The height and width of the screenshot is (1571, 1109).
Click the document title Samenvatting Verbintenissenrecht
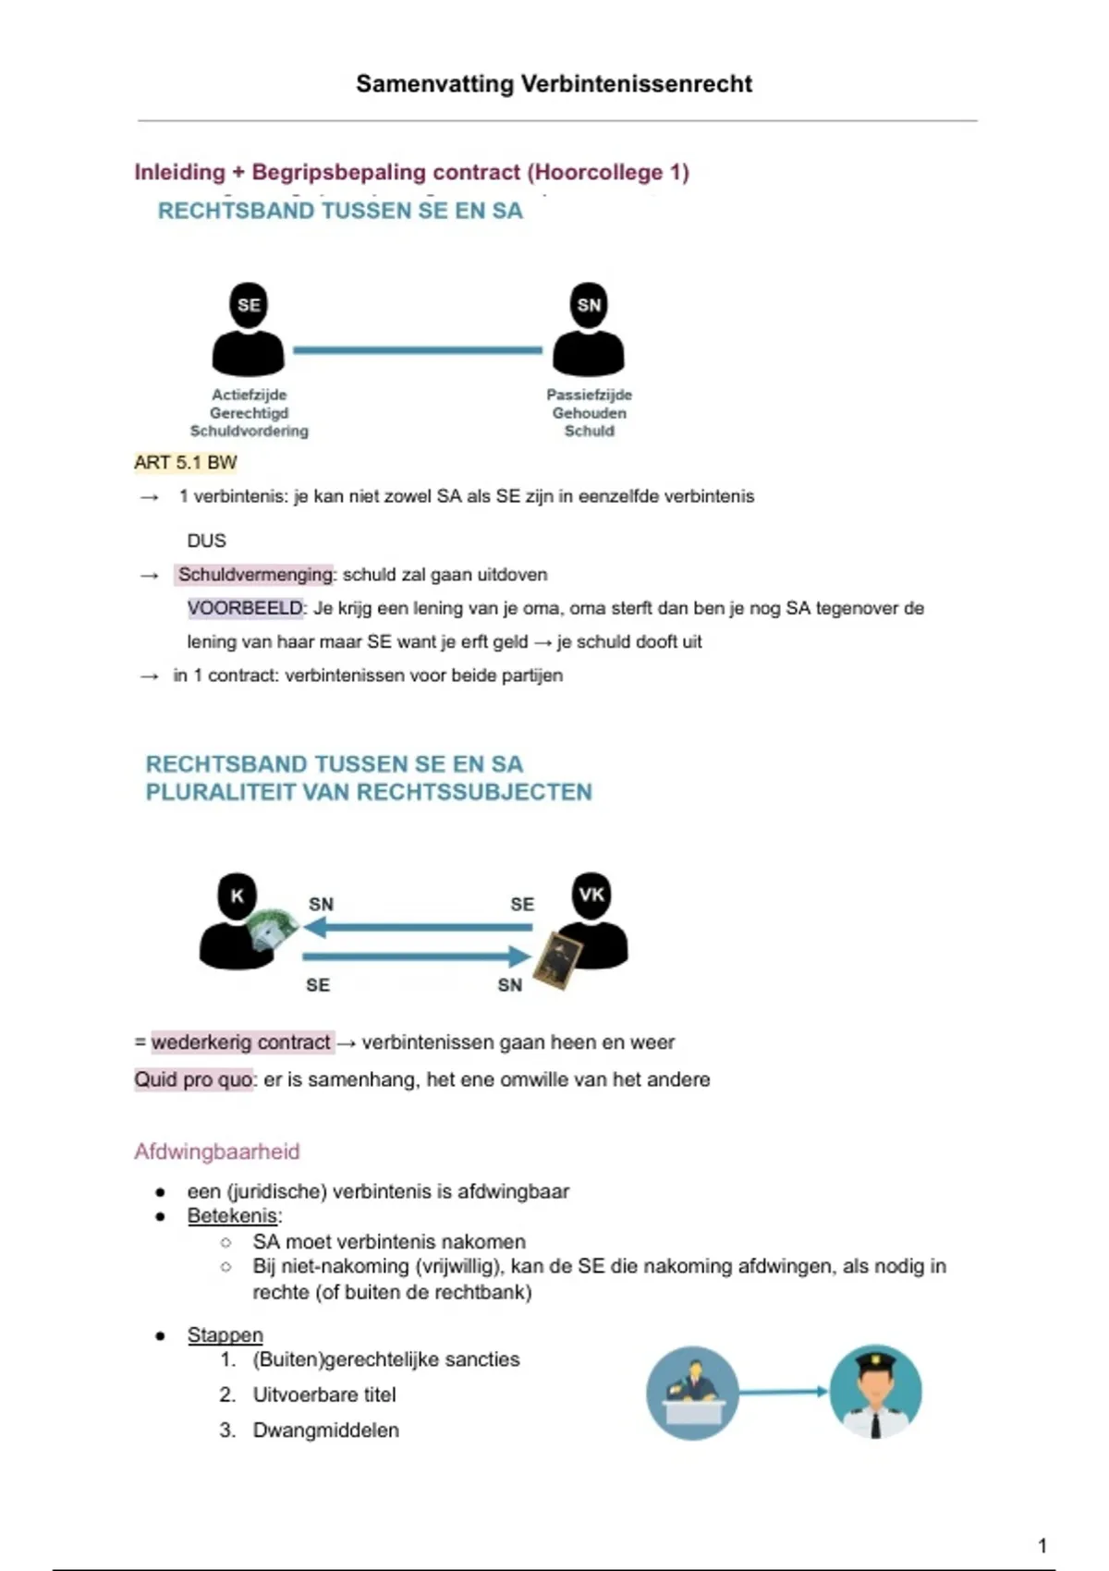point(554,84)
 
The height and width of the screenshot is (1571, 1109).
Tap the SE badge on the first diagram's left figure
point(249,305)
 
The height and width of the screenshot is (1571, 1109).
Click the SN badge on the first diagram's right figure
point(589,305)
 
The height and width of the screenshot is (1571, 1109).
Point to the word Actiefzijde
point(249,395)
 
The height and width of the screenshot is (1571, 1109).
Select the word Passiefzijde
point(589,395)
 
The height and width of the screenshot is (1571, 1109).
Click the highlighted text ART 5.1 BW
point(186,462)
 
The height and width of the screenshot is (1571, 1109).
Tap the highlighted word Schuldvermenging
point(255,575)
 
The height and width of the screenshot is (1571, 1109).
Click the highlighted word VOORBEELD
point(245,608)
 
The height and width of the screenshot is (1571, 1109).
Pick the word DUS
point(206,541)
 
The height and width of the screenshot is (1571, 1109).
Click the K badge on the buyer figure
point(238,895)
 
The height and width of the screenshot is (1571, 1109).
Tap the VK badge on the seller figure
point(591,894)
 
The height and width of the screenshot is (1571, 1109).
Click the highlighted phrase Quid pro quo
point(193,1079)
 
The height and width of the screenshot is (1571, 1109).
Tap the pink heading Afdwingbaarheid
point(217,1151)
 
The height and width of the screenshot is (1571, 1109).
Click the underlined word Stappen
point(225,1334)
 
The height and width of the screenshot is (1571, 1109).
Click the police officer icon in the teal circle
point(874,1392)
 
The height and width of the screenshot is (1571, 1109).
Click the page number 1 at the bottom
point(1042,1545)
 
